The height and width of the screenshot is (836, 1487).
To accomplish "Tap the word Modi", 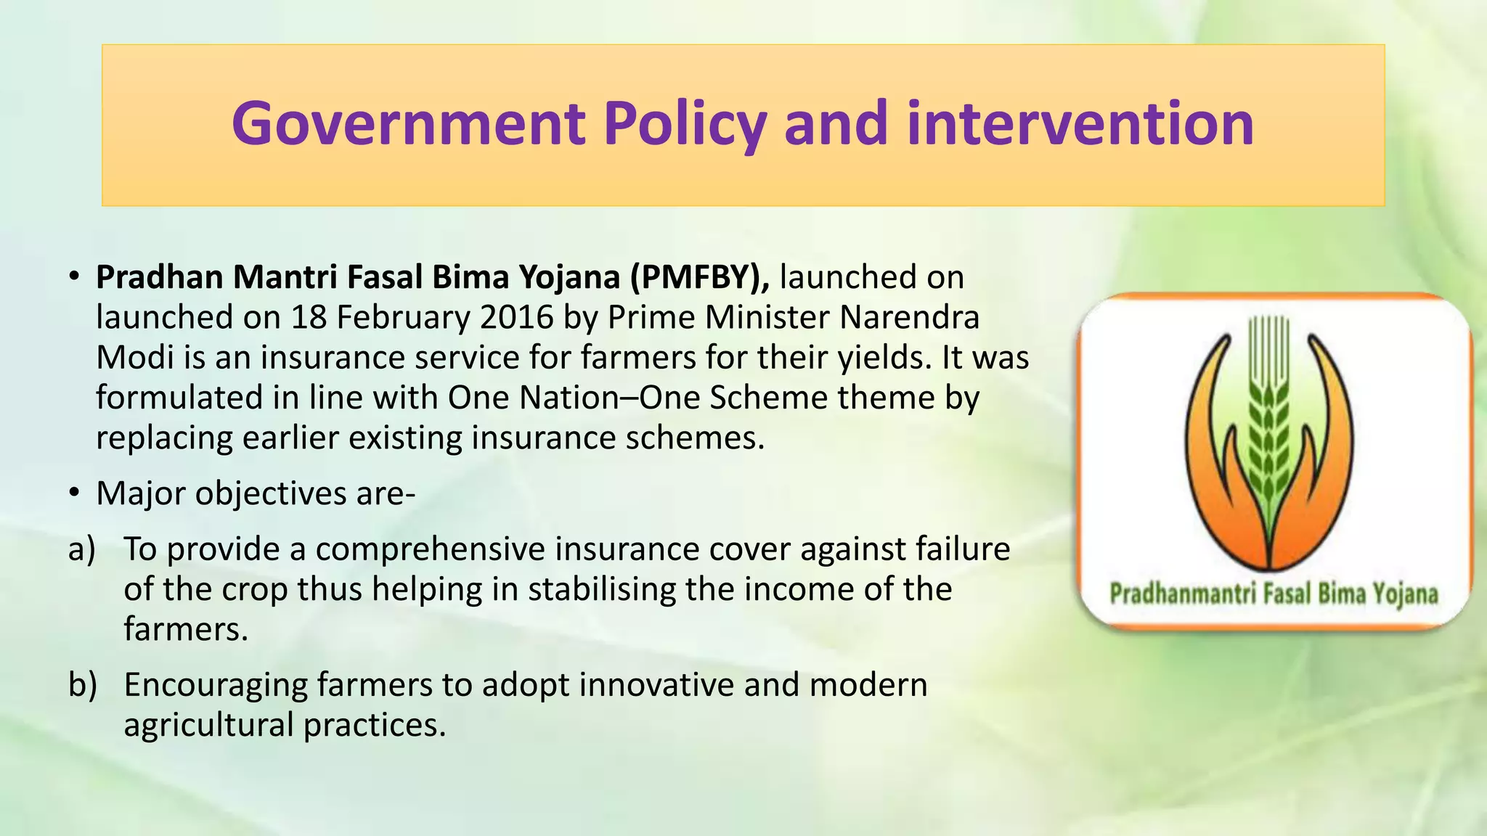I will coord(133,358).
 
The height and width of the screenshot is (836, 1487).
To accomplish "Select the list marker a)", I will coord(82,549).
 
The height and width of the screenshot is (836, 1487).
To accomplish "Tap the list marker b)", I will coord(82,685).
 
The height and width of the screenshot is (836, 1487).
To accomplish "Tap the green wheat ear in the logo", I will coord(1268,435).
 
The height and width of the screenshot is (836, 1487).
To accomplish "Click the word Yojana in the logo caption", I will coord(1404,594).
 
